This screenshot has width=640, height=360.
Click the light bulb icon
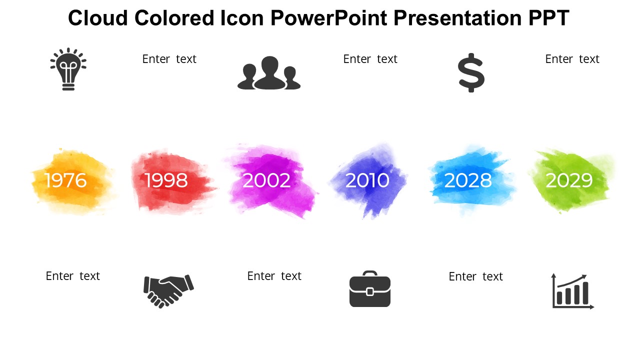tap(68, 69)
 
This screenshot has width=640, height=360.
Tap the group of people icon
tap(269, 73)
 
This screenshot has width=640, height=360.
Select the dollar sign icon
tap(471, 73)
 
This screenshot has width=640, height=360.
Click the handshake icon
tap(168, 291)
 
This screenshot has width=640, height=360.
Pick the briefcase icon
tap(370, 289)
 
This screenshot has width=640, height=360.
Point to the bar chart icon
tap(573, 291)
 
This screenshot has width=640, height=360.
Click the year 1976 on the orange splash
tap(65, 180)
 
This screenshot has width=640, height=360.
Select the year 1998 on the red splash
tap(166, 180)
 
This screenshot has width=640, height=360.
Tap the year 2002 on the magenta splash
tap(266, 180)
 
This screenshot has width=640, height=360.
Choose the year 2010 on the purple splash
tap(367, 180)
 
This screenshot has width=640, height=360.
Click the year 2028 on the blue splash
tap(468, 180)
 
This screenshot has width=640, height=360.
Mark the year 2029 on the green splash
tap(569, 180)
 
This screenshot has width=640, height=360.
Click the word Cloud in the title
tap(98, 17)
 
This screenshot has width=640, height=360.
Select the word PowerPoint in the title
tap(329, 17)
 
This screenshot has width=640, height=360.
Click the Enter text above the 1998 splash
tap(169, 59)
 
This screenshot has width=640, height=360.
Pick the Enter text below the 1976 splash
tap(73, 276)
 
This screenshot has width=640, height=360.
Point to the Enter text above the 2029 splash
tap(572, 59)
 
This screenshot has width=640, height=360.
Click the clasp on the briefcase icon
tap(370, 291)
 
